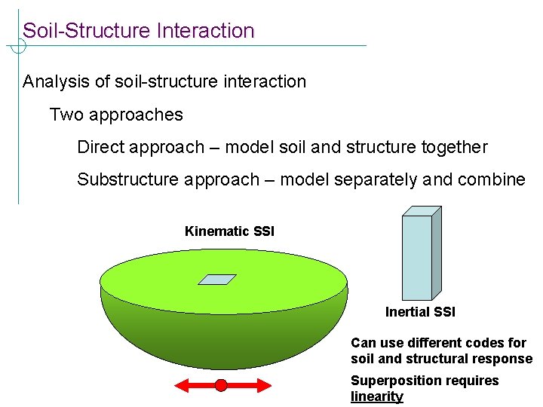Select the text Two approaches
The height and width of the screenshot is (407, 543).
pyautogui.click(x=116, y=115)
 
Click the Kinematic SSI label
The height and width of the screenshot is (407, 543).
pyautogui.click(x=229, y=231)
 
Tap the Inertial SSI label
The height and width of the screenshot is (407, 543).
pyautogui.click(x=420, y=312)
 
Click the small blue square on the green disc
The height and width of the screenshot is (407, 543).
pyautogui.click(x=217, y=279)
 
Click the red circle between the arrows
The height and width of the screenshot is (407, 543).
pyautogui.click(x=221, y=386)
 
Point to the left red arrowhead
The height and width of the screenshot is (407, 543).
pyautogui.click(x=181, y=386)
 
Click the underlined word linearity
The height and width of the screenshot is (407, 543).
pyautogui.click(x=377, y=396)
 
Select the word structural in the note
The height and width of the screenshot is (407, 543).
pyautogui.click(x=437, y=359)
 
